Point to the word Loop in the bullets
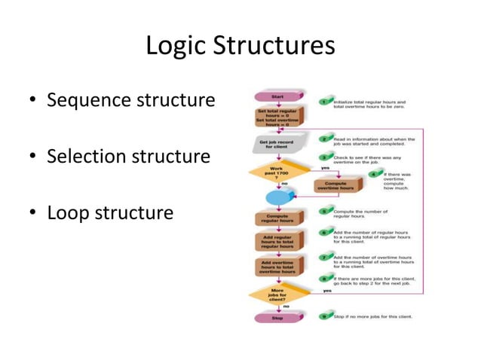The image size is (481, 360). coord(67,212)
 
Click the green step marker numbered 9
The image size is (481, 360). coord(325,317)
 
